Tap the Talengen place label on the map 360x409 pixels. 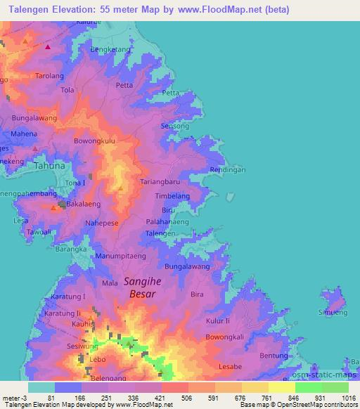[160, 233]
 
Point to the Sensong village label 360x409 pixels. [175, 126]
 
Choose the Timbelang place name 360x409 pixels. [172, 197]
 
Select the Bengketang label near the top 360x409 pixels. [110, 51]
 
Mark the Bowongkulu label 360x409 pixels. [94, 141]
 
